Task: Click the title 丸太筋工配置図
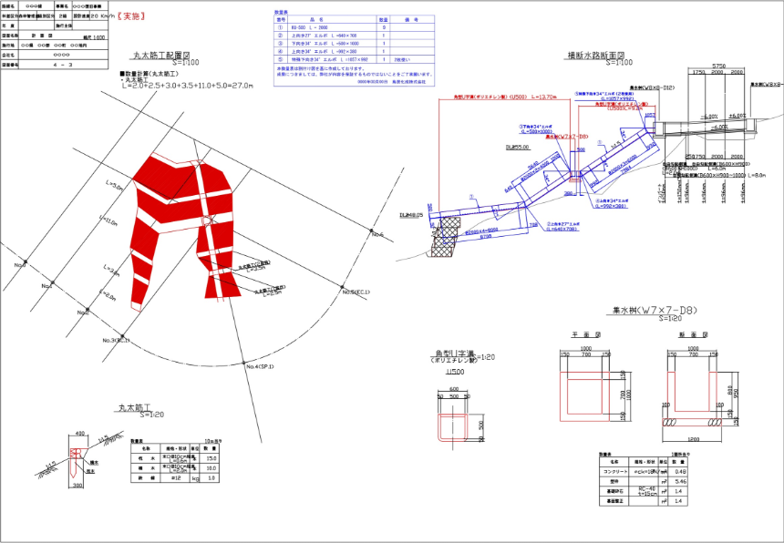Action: pos(170,55)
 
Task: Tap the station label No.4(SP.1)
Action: pos(260,365)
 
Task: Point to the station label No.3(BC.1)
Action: pos(116,340)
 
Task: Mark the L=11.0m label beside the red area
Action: pos(108,220)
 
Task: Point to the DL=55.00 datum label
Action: pos(492,146)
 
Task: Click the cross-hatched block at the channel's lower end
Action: pos(449,240)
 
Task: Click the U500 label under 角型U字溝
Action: pos(452,372)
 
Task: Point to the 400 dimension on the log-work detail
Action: pos(80,434)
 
